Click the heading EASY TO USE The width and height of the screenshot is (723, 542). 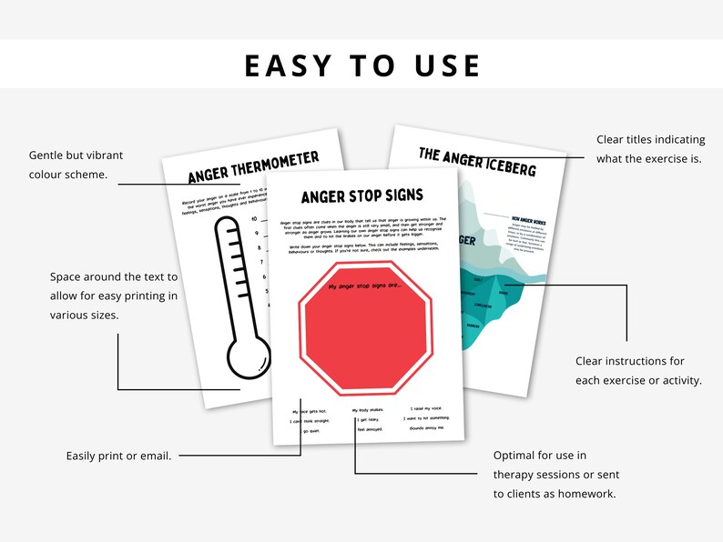point(361,65)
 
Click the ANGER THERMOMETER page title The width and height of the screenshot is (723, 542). point(253,169)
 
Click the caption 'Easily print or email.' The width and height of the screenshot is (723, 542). point(118,455)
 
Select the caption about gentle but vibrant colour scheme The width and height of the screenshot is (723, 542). point(83,165)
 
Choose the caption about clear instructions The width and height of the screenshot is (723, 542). point(638,371)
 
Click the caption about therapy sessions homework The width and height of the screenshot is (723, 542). point(554,474)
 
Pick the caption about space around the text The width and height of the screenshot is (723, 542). point(114,295)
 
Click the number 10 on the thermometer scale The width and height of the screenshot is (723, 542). point(255,219)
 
